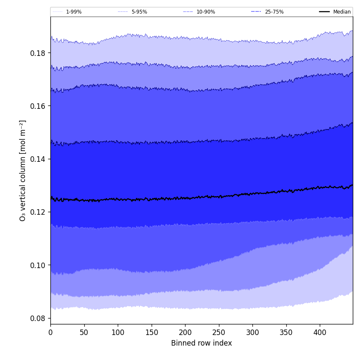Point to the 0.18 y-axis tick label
click(38, 53)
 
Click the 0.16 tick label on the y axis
click(38, 106)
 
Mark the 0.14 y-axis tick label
click(38, 159)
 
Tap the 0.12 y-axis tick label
click(38, 212)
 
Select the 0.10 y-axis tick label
click(38, 265)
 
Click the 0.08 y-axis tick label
click(38, 318)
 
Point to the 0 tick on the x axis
click(50, 332)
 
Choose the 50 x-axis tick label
click(84, 332)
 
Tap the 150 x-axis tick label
click(151, 332)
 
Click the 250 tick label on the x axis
click(219, 332)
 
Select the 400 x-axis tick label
click(320, 332)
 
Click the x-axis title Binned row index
click(202, 343)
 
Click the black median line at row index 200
click(185, 198)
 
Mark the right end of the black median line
click(352, 185)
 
